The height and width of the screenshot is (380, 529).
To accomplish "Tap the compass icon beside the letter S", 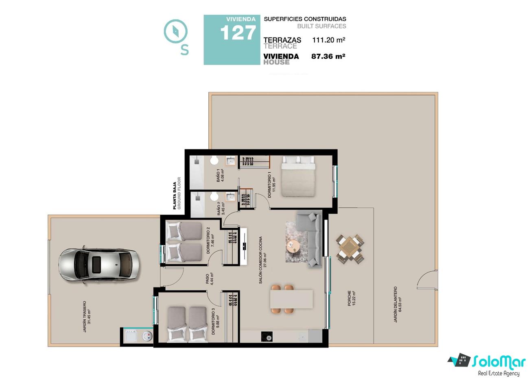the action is coord(176,31).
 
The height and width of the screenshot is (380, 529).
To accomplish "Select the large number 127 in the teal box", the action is coord(238,33).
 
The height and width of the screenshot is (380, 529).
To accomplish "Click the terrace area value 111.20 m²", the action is coord(329,40).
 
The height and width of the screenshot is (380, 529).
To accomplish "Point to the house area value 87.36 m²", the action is coord(328,56).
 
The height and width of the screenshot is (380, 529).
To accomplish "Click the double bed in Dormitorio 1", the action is coord(298,176).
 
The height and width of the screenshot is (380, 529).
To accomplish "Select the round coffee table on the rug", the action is coord(293,247).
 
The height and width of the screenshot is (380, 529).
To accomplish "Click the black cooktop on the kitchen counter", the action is coord(267,336).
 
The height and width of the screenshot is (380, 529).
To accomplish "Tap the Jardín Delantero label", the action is coord(397,305).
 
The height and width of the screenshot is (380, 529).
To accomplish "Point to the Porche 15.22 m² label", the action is coord(352,299).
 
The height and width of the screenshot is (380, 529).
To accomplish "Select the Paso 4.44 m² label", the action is coord(210,279).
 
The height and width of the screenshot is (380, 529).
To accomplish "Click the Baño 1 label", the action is coord(220,175).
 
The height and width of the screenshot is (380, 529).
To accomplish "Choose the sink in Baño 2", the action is coord(230,197).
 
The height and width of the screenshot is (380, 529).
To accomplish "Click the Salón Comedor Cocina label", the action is coord(262,260).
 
